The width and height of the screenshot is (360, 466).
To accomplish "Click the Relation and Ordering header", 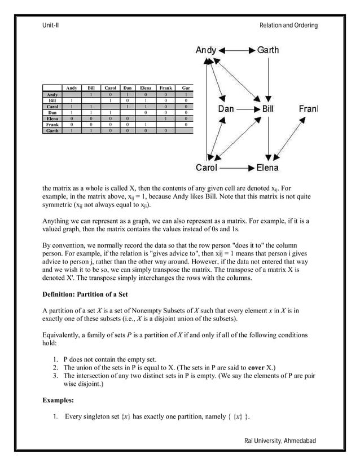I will click(288, 25).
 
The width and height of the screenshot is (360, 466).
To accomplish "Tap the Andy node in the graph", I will click(206, 50).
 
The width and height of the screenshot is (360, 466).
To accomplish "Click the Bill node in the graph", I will click(272, 108).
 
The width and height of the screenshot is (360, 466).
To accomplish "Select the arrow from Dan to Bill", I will click(250, 108).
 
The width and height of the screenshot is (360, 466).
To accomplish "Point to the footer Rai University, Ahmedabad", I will click(280, 440).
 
